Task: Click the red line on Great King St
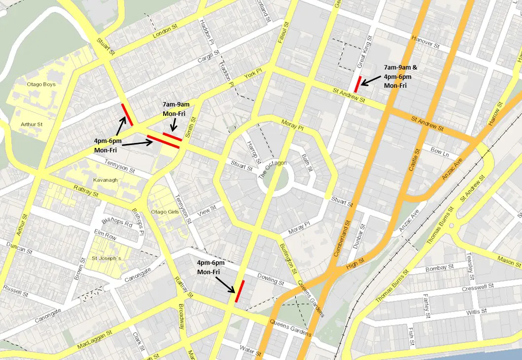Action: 358,84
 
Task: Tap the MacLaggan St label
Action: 95,341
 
